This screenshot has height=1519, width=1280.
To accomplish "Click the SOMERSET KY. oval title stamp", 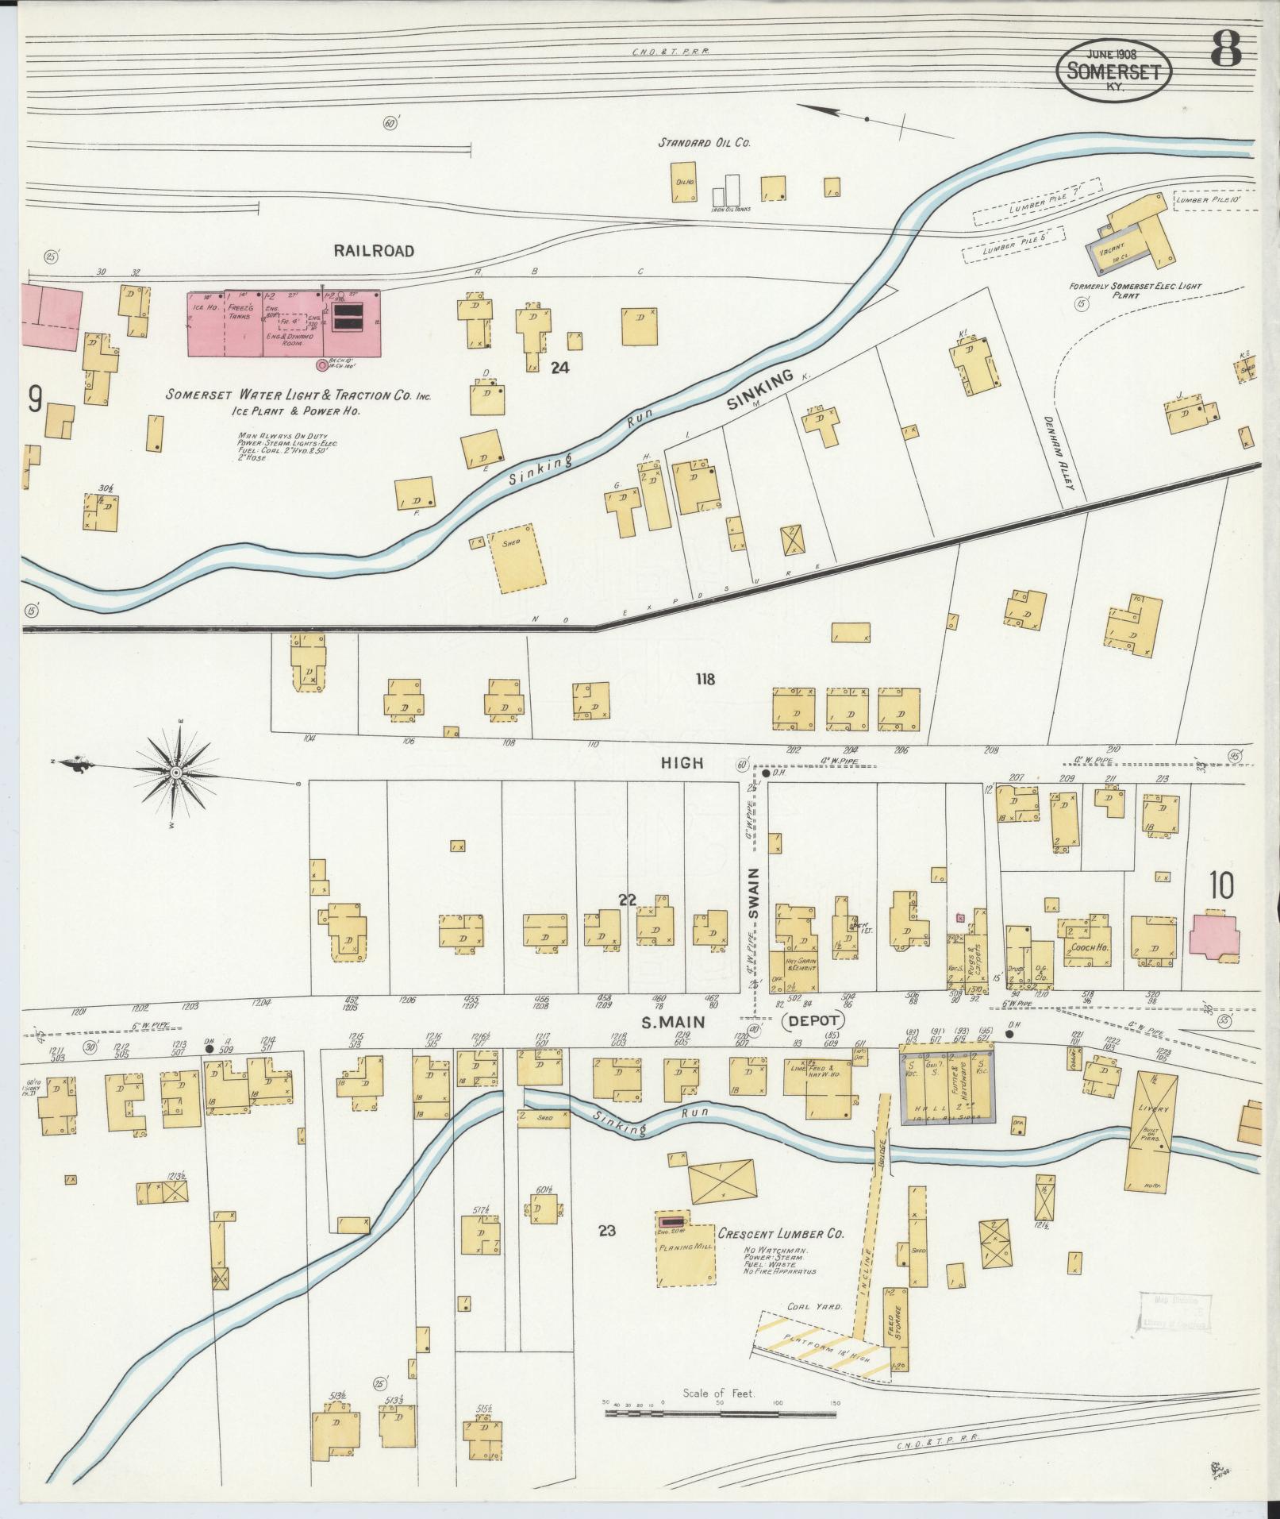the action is tap(1113, 71).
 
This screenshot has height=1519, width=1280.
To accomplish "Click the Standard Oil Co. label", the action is tap(704, 144).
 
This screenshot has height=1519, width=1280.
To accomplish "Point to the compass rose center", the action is tap(176, 771).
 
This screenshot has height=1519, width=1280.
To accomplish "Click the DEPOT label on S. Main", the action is tap(813, 1021).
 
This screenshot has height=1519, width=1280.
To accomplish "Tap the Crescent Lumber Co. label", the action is tap(780, 1234).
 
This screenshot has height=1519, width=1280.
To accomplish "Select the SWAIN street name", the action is tap(755, 904).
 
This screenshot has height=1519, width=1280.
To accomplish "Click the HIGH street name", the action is tap(682, 762).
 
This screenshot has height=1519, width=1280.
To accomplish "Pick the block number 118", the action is tap(704, 679).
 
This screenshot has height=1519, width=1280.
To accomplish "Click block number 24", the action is tap(560, 368).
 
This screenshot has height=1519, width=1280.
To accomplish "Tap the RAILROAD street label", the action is tap(373, 251).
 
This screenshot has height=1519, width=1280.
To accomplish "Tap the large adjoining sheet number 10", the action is tap(1221, 885).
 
